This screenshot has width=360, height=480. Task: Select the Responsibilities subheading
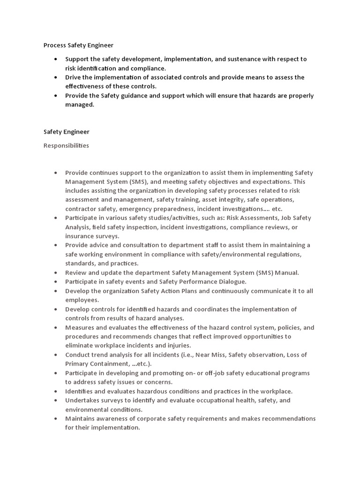tap(66, 145)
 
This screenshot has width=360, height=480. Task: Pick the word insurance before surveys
tap(80, 236)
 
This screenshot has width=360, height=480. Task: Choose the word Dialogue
tap(229, 282)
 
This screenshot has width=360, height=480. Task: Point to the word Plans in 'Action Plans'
tap(196, 291)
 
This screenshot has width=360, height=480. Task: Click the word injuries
tap(178, 345)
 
